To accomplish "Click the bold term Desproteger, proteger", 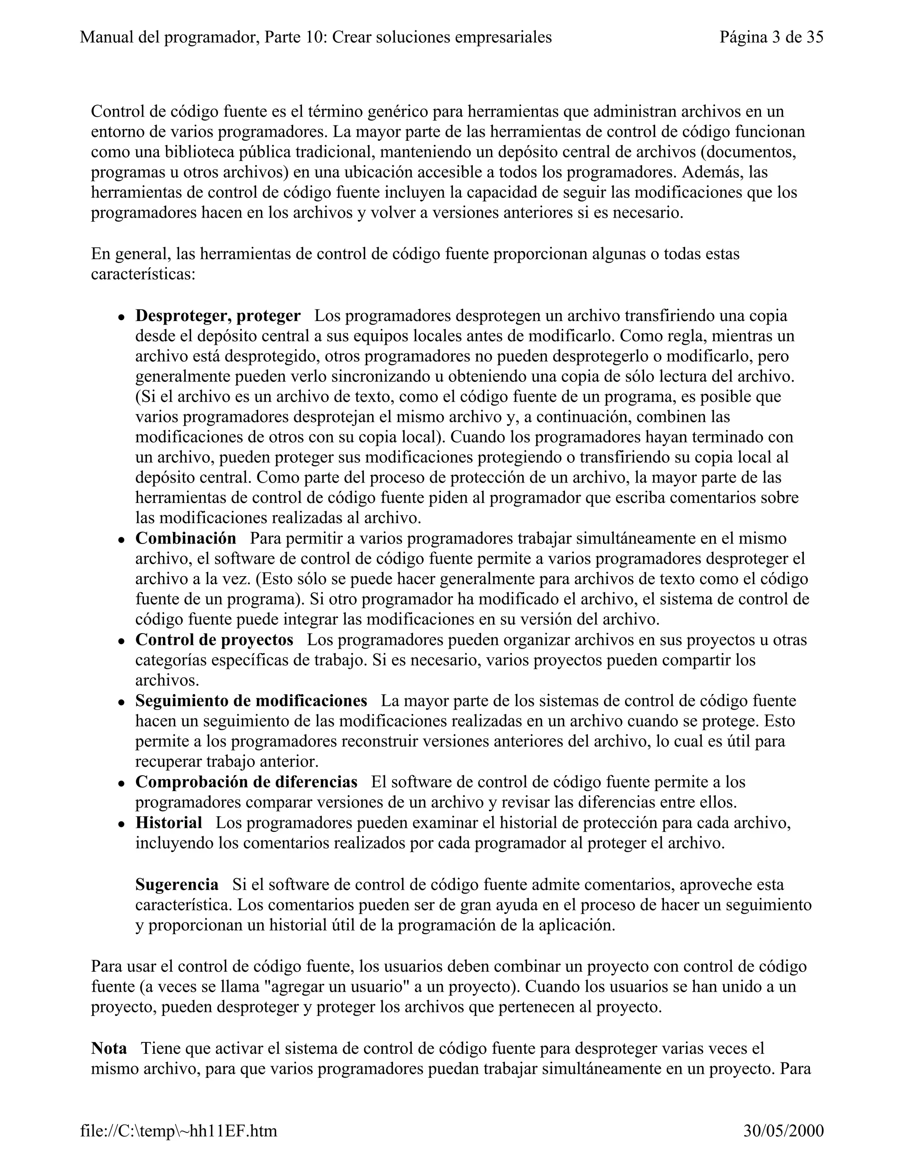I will [x=218, y=316].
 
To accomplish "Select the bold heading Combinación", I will [x=185, y=538].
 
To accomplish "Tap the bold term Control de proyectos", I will [x=214, y=640].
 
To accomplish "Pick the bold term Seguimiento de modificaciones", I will [x=251, y=701].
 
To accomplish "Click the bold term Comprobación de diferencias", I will [x=246, y=782].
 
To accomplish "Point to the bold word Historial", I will [x=169, y=823].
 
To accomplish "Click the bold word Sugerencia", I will [x=177, y=884].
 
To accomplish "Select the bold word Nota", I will [x=109, y=1049].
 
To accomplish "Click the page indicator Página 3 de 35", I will [x=771, y=37].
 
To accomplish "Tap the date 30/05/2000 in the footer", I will [x=783, y=1131].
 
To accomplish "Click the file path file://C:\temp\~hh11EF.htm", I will [x=179, y=1131].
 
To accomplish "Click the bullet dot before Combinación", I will [x=122, y=540].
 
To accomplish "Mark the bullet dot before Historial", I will [x=122, y=824].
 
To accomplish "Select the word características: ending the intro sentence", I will [x=143, y=274].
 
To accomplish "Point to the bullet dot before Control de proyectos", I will [x=122, y=641].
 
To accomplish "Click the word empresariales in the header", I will [x=503, y=37].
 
